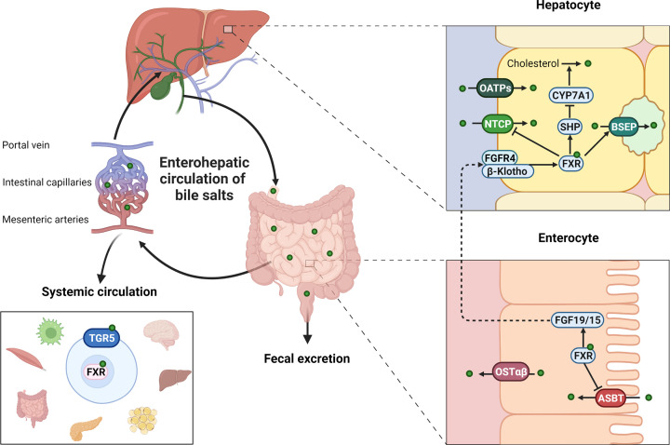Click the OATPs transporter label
pyautogui.click(x=495, y=88)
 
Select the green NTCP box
pyautogui.click(x=497, y=124)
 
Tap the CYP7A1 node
pyautogui.click(x=570, y=95)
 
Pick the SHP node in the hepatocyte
pyautogui.click(x=570, y=127)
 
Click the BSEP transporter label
pyautogui.click(x=623, y=127)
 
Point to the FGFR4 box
pyautogui.click(x=500, y=157)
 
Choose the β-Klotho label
pyautogui.click(x=507, y=171)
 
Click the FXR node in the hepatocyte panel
pyautogui.click(x=571, y=163)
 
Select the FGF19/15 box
pyautogui.click(x=577, y=319)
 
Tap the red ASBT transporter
pyautogui.click(x=610, y=398)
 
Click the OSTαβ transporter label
pyautogui.click(x=511, y=371)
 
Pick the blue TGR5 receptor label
pyautogui.click(x=101, y=338)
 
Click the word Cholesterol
pyautogui.click(x=533, y=63)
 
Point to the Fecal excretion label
pyautogui.click(x=307, y=358)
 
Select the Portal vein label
pyautogui.click(x=26, y=145)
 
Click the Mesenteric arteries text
pyautogui.click(x=46, y=220)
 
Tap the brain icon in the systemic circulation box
pyautogui.click(x=160, y=335)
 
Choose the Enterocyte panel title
pyautogui.click(x=569, y=237)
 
